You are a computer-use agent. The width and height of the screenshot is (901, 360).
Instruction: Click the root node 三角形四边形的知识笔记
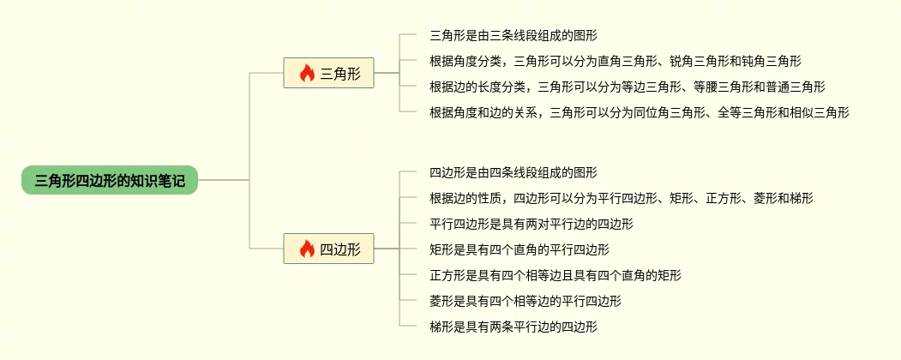(110, 180)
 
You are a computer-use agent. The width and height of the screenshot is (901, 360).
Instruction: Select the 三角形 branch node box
(328, 74)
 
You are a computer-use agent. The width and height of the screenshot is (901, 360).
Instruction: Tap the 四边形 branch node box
(328, 249)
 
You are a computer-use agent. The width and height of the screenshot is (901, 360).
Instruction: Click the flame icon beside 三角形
(307, 74)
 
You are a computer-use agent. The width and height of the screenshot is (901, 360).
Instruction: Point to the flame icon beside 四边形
(307, 249)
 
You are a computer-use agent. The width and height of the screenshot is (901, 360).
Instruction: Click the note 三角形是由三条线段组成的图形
(513, 36)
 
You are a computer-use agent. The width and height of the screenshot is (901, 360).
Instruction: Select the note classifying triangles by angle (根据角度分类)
(616, 62)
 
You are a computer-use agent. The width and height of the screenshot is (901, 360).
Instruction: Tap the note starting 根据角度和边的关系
(639, 112)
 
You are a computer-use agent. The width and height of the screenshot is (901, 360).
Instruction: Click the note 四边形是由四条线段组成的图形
(513, 172)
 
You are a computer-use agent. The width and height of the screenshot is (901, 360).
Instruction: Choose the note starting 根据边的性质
(621, 198)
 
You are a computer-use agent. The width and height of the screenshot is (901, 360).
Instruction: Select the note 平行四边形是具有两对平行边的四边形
(531, 224)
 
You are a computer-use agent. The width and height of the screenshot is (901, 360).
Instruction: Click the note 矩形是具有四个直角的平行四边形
(519, 249)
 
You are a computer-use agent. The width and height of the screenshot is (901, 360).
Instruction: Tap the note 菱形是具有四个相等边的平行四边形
(525, 301)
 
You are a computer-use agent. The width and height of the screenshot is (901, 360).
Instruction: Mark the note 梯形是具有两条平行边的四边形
(513, 327)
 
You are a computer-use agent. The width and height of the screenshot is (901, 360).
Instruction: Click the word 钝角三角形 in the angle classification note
(771, 62)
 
